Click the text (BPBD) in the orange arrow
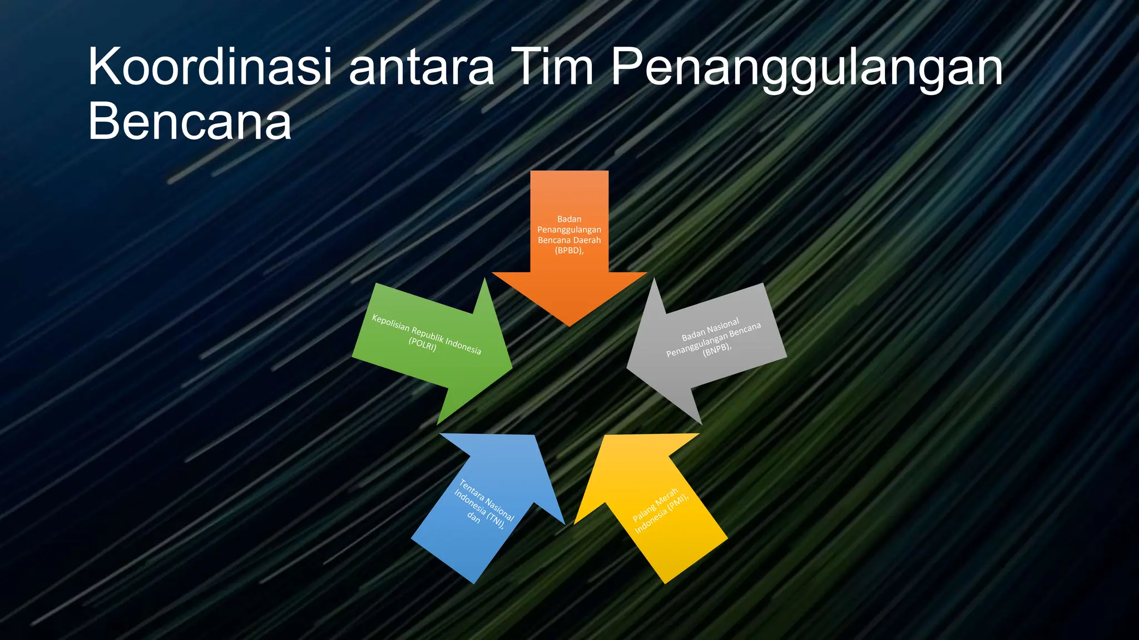pos(569,251)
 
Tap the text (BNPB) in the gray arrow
pos(716,349)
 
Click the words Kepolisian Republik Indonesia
pos(427,334)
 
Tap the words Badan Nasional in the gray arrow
pos(710,329)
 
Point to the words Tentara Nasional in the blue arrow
pos(487,500)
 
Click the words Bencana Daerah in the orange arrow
pos(569,240)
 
